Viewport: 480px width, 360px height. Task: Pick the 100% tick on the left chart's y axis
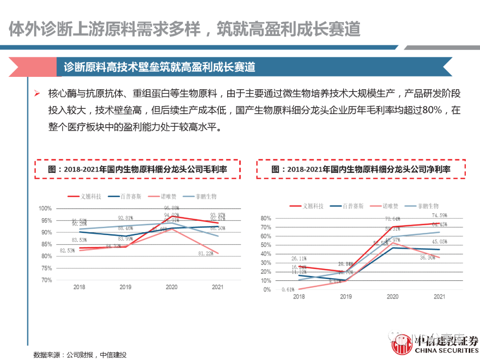pyautogui.click(x=45, y=208)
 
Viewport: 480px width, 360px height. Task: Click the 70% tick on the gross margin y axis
pyautogui.click(x=46, y=280)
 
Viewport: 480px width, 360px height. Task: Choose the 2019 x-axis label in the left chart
pyautogui.click(x=126, y=287)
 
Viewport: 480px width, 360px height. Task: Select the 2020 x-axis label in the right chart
pyautogui.click(x=392, y=296)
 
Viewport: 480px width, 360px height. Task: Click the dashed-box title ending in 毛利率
pyautogui.click(x=137, y=169)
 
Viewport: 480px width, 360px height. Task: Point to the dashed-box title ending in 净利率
pyautogui.click(x=360, y=169)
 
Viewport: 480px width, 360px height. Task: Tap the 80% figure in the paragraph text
pyautogui.click(x=430, y=110)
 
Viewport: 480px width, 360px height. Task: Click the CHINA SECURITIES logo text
pyautogui.click(x=446, y=351)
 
